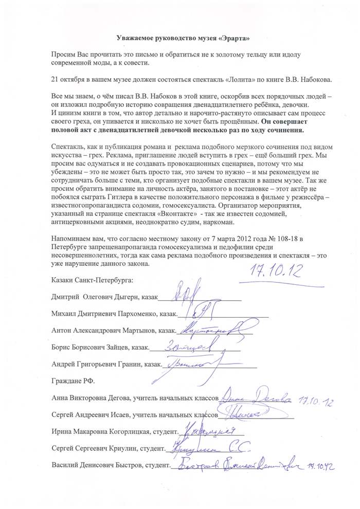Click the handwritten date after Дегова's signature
(316, 401)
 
